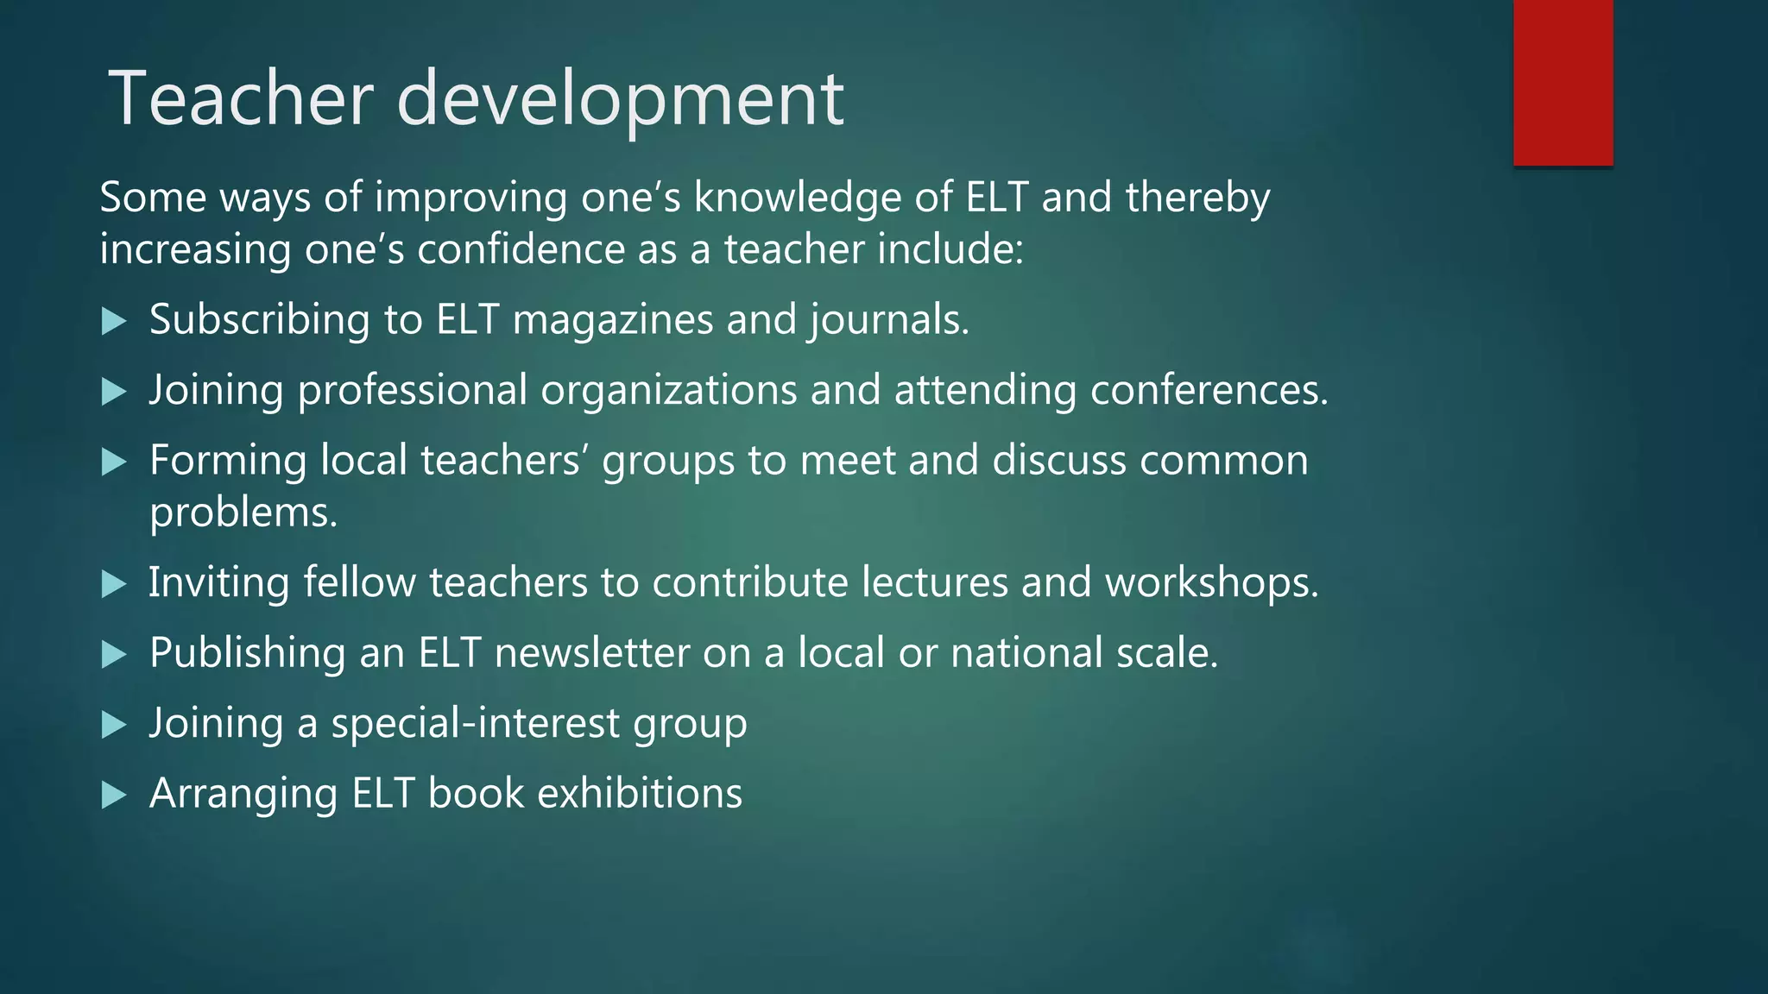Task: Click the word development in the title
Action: point(620,100)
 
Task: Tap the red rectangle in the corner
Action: point(1563,82)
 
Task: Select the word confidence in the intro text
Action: point(521,249)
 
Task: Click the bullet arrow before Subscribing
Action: point(114,322)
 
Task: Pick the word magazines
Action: point(613,320)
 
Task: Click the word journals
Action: point(888,320)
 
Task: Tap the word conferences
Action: point(1209,390)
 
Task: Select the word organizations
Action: point(668,390)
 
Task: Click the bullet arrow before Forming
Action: point(114,462)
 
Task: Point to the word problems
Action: point(243,513)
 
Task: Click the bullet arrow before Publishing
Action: point(114,655)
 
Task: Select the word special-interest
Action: point(476,723)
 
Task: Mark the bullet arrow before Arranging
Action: point(114,796)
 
